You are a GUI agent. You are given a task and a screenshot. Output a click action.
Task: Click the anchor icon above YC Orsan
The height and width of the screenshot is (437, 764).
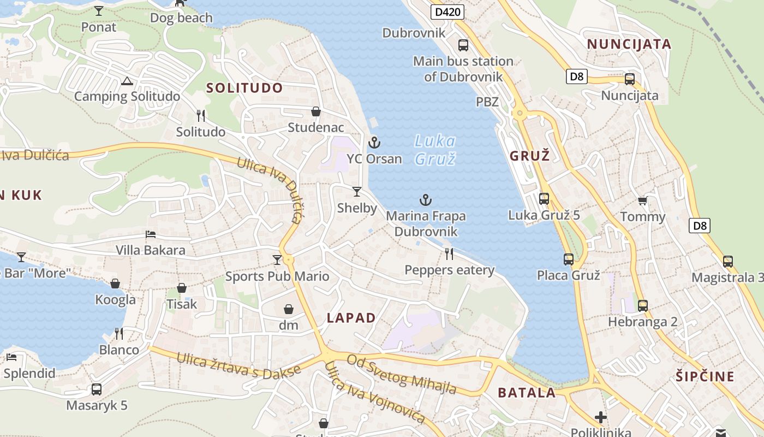coord(374,143)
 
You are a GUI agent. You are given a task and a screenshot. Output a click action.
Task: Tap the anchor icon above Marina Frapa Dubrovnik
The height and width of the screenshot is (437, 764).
coord(425,200)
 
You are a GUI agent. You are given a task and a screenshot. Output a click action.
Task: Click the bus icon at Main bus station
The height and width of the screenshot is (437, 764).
coord(463,45)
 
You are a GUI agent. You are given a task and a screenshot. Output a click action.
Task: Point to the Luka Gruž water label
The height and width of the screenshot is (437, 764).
coord(435,150)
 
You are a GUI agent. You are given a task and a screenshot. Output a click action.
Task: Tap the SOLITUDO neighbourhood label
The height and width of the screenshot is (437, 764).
coord(244,88)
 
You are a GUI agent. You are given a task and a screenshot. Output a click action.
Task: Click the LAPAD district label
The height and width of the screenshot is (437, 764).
coord(351,318)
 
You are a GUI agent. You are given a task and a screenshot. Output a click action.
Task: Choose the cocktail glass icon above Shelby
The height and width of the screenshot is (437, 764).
coord(357,192)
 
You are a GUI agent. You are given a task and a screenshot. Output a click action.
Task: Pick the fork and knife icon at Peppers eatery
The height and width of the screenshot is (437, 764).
coord(449,253)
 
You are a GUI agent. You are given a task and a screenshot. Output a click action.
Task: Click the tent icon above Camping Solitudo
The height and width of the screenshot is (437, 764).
coord(127,81)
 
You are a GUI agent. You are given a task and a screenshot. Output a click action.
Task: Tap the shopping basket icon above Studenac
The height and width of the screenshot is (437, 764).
coord(315,112)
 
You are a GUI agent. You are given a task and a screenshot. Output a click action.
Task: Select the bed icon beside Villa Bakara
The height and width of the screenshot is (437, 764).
coord(151,235)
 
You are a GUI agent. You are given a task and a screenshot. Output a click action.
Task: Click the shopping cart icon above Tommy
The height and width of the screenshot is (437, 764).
coord(642,201)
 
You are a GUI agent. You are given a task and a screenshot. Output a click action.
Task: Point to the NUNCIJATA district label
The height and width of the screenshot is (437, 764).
coord(629,44)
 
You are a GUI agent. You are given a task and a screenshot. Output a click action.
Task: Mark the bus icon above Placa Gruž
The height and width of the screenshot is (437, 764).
coord(569,259)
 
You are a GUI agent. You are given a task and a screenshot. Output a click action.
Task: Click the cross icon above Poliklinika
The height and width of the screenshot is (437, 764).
coord(601,417)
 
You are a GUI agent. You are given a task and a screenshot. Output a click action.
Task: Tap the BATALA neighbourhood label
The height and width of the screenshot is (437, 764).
coord(527,392)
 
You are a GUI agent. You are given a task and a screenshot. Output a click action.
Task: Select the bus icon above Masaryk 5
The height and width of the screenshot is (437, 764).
coord(97,389)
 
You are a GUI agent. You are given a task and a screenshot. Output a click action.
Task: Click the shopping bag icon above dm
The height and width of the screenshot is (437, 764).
coord(289,310)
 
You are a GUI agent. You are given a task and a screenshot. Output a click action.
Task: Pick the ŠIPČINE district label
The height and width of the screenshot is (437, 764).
coord(705,376)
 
